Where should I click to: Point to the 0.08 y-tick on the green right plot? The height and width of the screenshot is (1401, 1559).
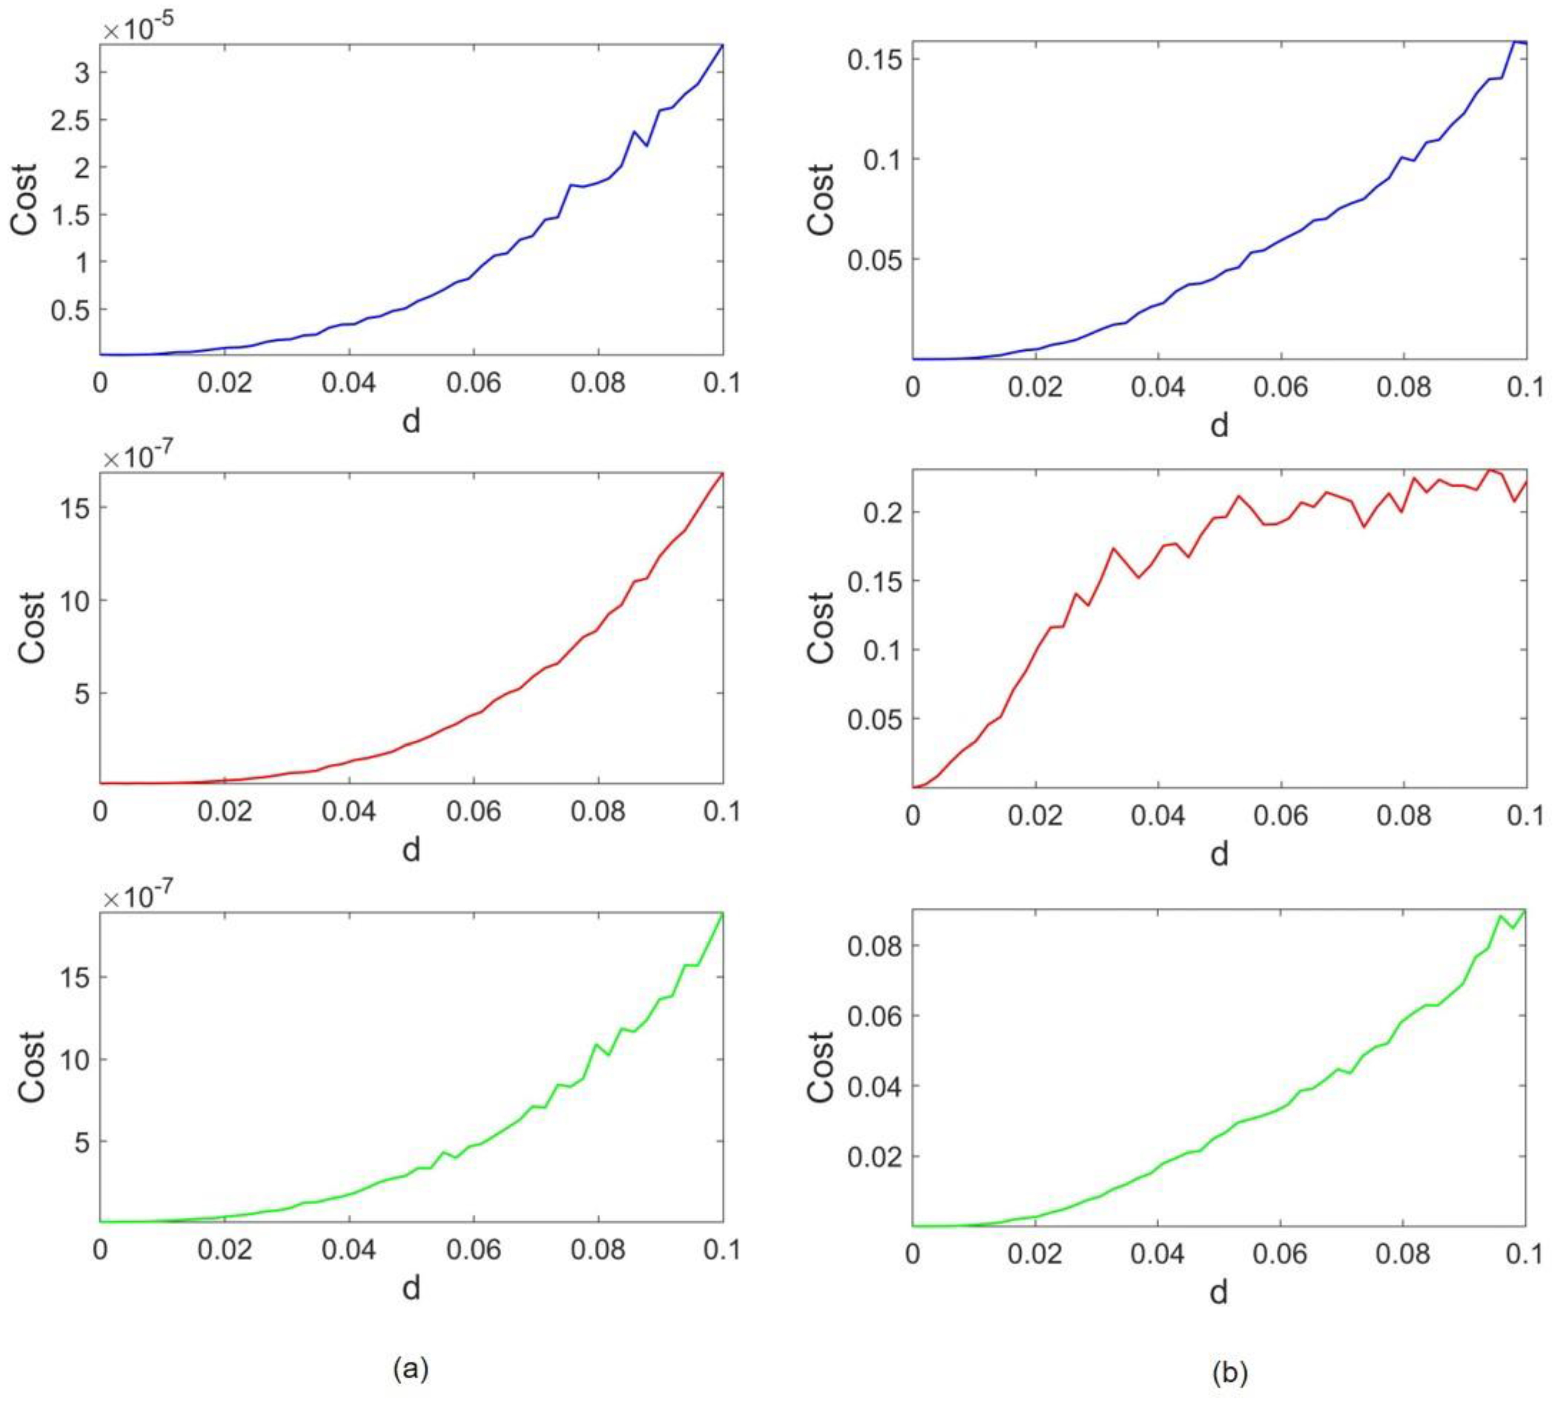[x=874, y=945]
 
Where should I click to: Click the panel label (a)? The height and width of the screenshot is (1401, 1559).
[x=410, y=1367]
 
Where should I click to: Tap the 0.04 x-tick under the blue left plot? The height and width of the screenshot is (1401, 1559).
[x=349, y=383]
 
